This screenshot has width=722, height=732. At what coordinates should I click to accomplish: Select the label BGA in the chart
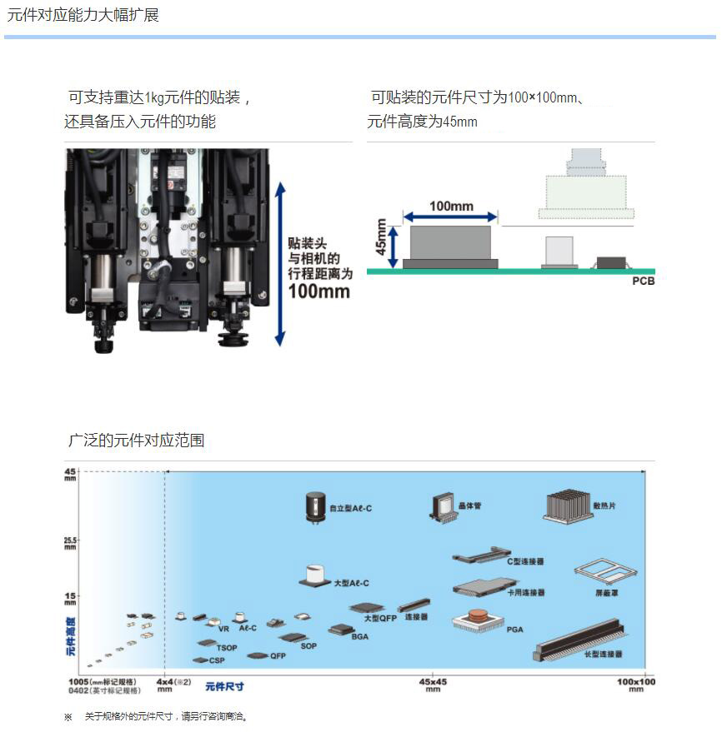pos(359,637)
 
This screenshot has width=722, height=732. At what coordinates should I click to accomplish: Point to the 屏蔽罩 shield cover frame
pos(604,573)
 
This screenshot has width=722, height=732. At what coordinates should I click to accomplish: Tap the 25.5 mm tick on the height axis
pos(70,543)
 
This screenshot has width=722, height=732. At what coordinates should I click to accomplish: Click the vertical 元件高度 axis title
pos(71,637)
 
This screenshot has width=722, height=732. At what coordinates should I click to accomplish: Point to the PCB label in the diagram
pos(643,281)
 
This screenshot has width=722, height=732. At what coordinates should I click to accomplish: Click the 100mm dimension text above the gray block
pos(451,206)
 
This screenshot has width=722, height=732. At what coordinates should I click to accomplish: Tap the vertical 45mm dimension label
pos(381,237)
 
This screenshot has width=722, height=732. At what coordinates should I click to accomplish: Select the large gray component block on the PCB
pos(450,243)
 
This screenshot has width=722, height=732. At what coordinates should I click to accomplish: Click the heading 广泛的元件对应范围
pos(136,441)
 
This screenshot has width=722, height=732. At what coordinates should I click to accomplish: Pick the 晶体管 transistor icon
pos(442,505)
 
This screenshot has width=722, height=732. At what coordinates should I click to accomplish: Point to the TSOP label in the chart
pos(227,647)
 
